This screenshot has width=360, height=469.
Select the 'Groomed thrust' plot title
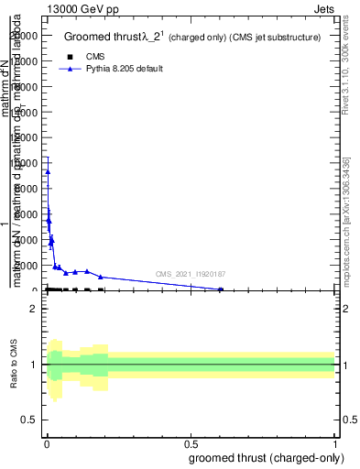click(108, 38)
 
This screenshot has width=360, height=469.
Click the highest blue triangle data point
click(48, 171)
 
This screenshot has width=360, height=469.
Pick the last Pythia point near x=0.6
click(221, 289)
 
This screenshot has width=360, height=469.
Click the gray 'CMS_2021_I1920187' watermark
click(191, 274)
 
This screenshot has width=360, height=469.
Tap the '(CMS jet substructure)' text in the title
click(274, 38)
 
